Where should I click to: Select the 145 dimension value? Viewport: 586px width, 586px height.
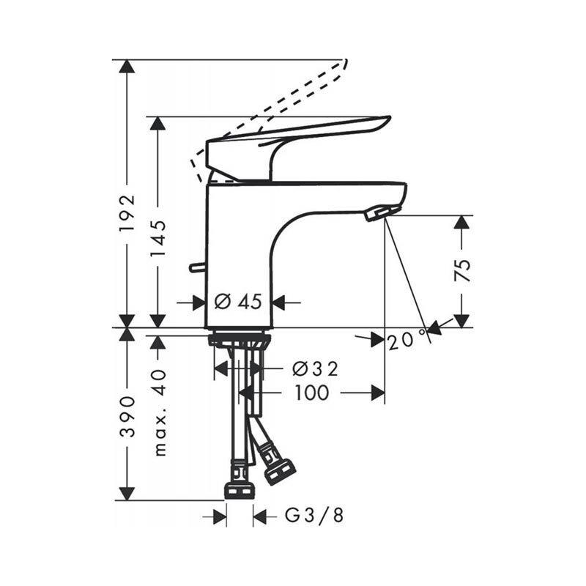157,238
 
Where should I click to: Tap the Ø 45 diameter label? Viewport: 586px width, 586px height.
239,301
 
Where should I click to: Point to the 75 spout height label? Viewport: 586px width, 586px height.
462,270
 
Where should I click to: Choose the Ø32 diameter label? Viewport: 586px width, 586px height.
315,369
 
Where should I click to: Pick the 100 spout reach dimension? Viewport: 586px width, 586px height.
312,393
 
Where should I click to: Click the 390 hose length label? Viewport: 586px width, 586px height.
127,417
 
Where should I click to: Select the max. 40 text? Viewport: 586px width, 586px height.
160,412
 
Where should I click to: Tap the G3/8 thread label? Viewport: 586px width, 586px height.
314,516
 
